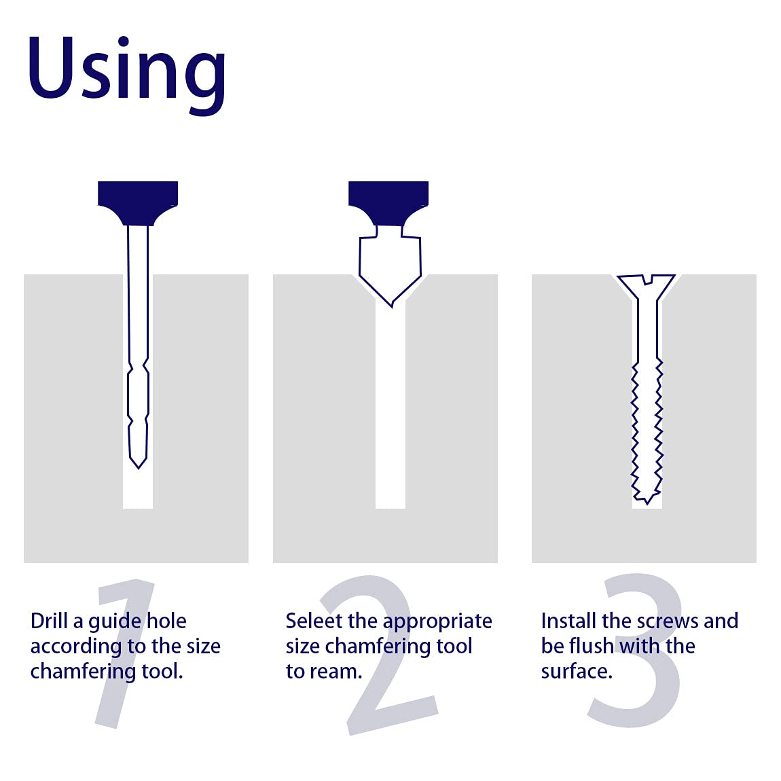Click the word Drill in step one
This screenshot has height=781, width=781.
(x=50, y=621)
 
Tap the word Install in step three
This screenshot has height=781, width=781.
(x=568, y=621)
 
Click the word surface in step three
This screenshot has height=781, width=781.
(x=577, y=672)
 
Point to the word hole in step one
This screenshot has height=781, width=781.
(x=166, y=621)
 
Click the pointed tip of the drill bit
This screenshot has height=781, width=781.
(x=138, y=468)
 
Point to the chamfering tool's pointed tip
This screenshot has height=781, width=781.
(x=391, y=306)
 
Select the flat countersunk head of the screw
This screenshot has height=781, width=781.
(x=647, y=283)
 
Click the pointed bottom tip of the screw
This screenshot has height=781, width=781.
(x=647, y=503)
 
